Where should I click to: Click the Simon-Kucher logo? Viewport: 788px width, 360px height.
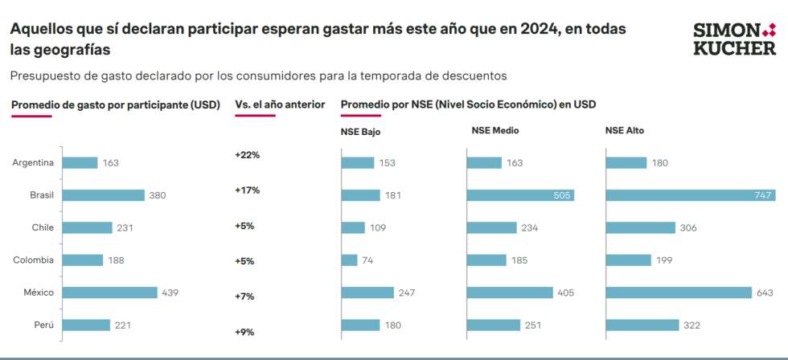pos(734,39)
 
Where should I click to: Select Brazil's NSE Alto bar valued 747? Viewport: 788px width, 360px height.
pos(689,195)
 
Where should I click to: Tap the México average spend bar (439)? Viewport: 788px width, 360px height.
pos(110,292)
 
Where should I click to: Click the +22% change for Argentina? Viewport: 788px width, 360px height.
pos(247,154)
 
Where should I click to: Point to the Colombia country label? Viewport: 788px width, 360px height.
pos(34,260)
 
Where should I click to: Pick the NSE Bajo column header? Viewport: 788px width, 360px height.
pos(360,130)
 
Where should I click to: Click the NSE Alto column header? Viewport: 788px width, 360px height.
pos(624,130)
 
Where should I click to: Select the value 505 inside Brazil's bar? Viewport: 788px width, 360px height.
pos(560,195)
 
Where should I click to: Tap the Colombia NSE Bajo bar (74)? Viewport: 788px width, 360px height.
pos(349,260)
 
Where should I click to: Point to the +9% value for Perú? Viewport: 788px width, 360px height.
pos(244,332)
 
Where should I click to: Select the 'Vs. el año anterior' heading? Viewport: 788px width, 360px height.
pos(280,104)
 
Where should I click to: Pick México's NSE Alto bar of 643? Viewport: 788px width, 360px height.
pos(678,292)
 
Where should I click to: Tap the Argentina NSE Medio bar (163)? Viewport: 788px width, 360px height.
pos(484,162)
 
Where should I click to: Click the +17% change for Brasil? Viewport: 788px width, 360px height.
pos(247,190)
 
